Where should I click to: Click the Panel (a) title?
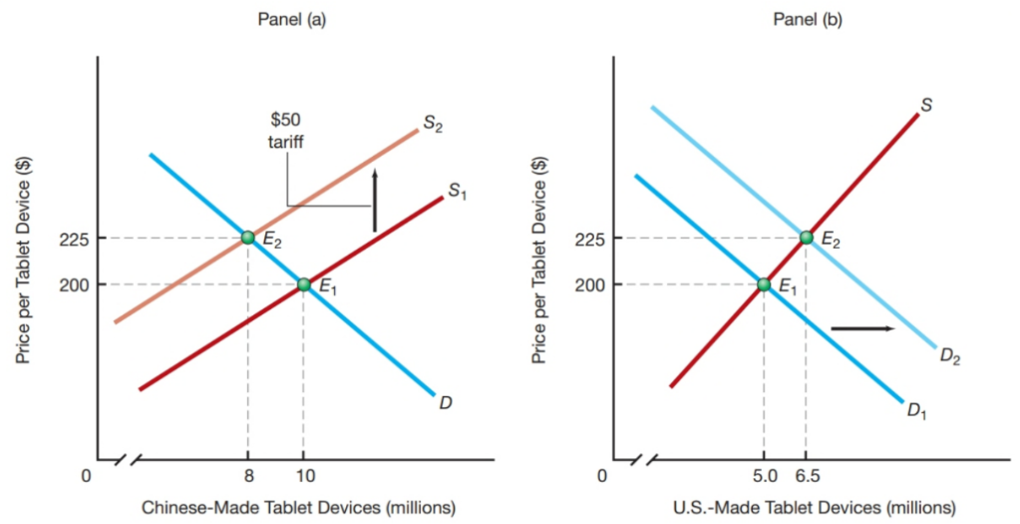click(296, 20)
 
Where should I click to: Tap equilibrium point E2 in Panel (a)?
click(247, 238)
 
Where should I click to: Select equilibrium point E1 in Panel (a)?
click(304, 284)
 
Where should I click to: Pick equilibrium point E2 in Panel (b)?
click(806, 238)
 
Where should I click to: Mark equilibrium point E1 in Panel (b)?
click(764, 284)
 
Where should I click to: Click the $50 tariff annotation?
click(285, 131)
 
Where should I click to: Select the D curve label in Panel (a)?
click(446, 403)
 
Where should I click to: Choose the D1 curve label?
click(916, 412)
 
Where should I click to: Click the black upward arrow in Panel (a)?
click(375, 201)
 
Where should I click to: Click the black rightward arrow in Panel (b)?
click(862, 327)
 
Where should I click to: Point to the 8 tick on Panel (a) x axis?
click(247, 476)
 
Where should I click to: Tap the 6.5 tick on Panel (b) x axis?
click(808, 476)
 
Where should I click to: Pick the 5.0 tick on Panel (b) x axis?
click(763, 476)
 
